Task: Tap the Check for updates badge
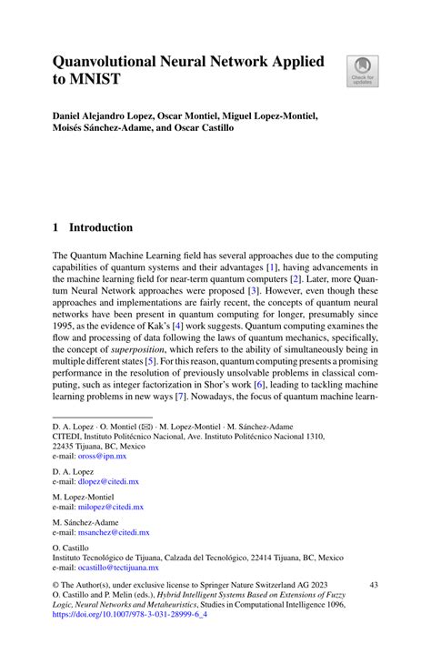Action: [x=363, y=71]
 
